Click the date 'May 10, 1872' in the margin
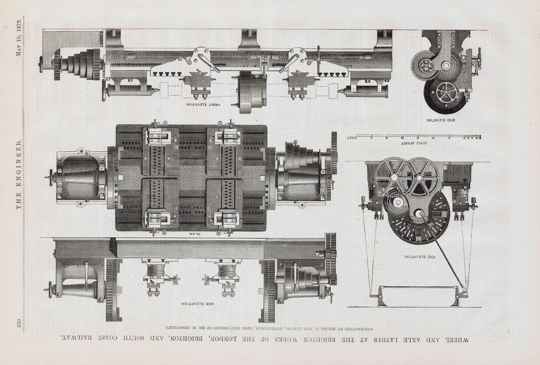click(19, 38)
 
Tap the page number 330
click(19, 323)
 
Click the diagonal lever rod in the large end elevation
click(443, 253)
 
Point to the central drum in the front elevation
click(250, 92)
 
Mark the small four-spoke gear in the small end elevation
click(424, 65)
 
